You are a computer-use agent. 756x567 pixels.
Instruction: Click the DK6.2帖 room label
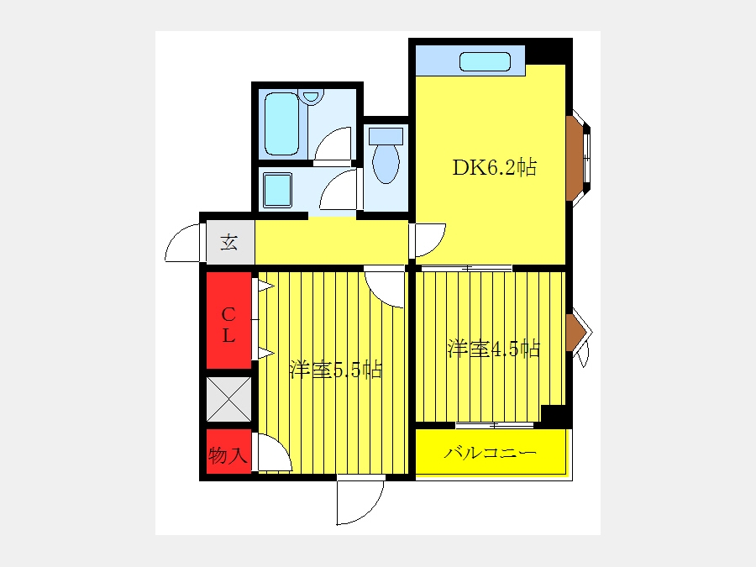click(494, 167)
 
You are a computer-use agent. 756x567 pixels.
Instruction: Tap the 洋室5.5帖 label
click(336, 370)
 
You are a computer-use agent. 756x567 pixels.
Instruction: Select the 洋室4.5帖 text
click(494, 348)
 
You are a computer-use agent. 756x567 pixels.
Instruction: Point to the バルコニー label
click(490, 453)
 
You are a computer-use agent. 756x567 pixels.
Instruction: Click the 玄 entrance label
click(229, 242)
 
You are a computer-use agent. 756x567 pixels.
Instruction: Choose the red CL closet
click(229, 320)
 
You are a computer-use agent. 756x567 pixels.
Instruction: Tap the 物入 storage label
click(228, 454)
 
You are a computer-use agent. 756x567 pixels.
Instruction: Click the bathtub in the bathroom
click(282, 124)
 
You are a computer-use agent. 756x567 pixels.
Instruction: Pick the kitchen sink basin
click(485, 61)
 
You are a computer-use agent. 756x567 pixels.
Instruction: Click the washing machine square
click(278, 190)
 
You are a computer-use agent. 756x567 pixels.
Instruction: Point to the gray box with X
click(229, 399)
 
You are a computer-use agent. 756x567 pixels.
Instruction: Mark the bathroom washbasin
click(311, 96)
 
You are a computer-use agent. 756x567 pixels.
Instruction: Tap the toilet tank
click(386, 135)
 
